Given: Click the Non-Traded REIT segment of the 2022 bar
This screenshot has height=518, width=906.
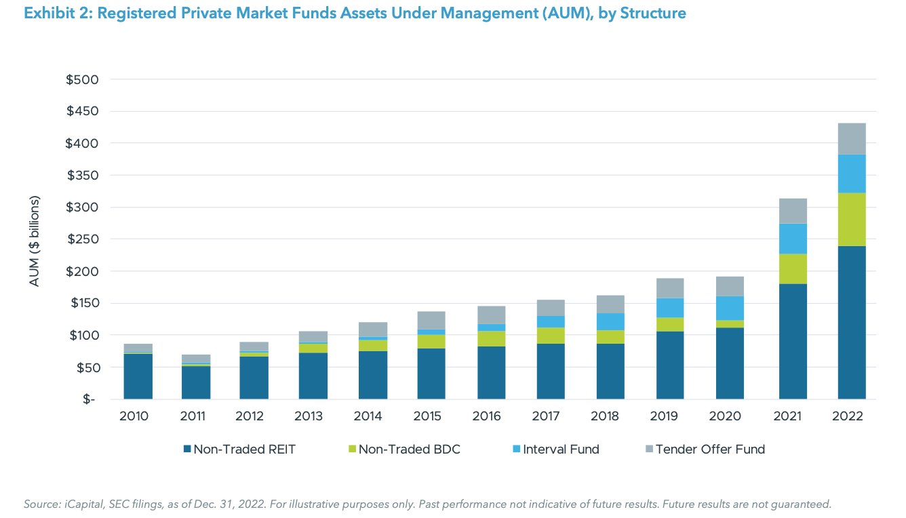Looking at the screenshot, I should coord(851,322).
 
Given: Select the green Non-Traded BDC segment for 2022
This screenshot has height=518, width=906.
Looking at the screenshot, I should coord(851,219).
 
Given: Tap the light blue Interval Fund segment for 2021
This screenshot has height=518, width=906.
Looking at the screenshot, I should coord(793,239).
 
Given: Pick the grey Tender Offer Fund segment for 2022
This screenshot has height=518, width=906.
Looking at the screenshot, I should coord(851,138).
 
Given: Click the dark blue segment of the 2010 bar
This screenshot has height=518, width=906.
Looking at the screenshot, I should coord(138,376).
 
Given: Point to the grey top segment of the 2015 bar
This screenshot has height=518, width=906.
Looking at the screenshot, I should coord(431,320).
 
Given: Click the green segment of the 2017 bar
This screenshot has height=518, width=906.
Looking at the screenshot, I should coord(550,336).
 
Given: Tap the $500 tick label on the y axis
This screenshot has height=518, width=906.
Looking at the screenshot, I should coord(83,79).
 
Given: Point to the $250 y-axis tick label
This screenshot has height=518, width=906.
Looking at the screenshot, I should coord(83,239).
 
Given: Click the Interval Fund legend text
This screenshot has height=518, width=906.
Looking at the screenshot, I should coord(561,449).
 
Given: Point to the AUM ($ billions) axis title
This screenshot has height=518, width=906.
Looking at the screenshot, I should coord(35,241).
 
